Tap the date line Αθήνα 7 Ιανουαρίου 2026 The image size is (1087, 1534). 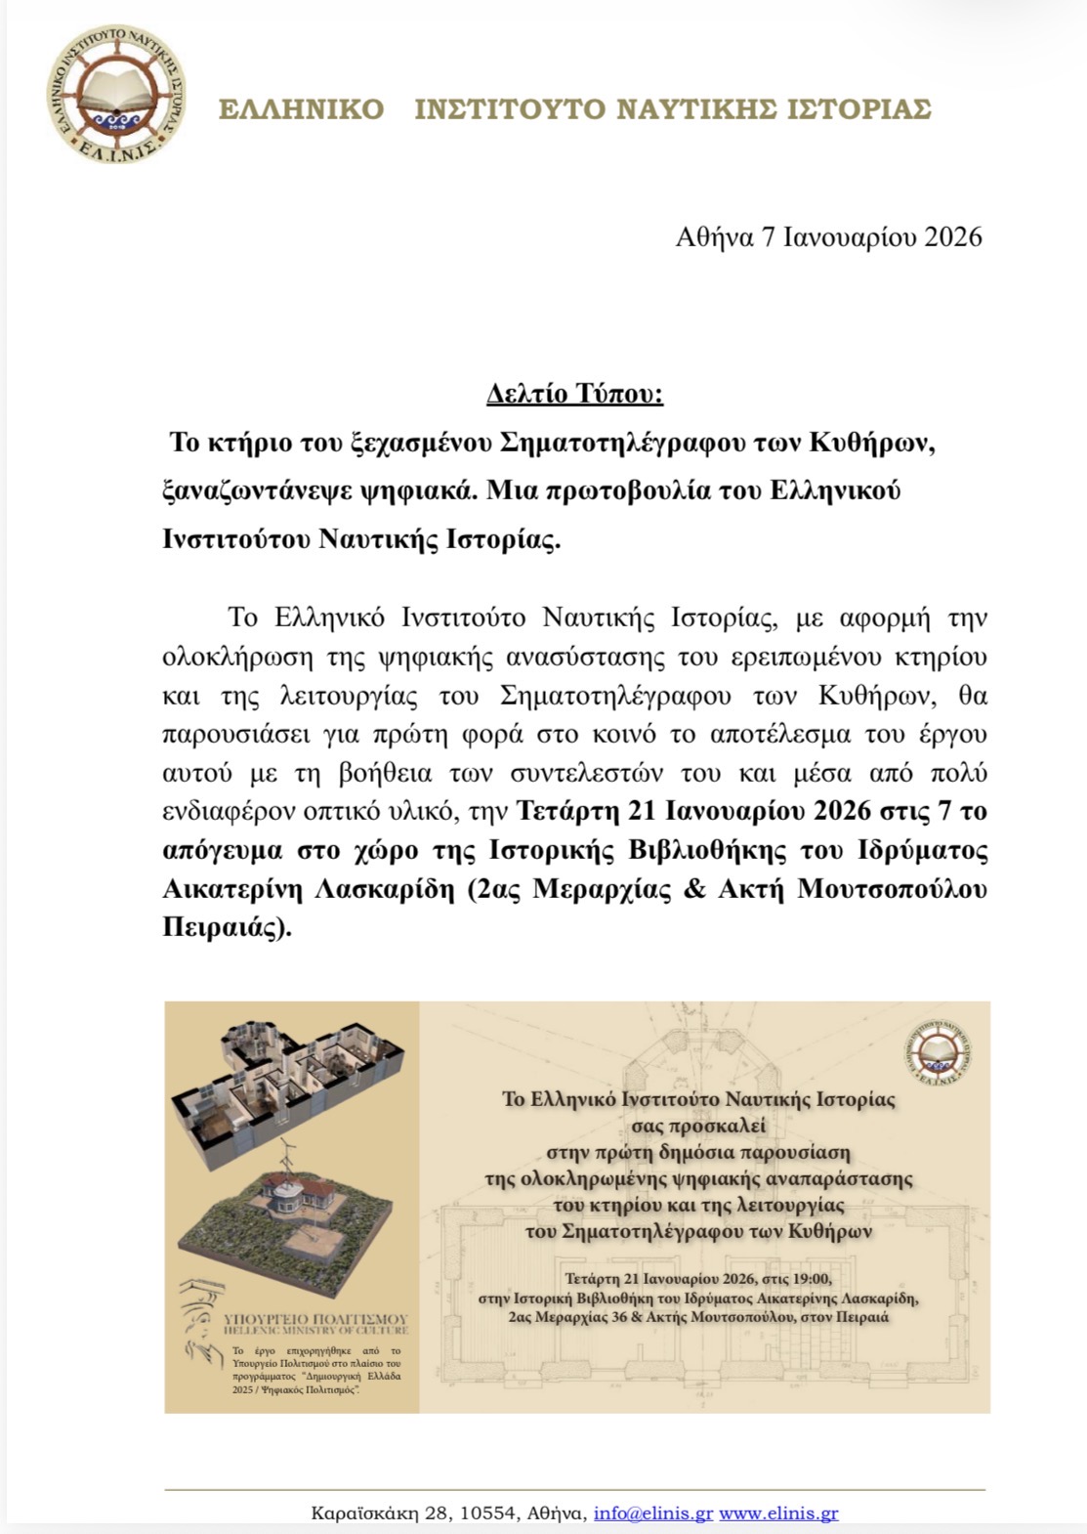828,237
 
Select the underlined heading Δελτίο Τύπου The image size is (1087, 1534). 575,395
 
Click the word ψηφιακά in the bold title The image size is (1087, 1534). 430,490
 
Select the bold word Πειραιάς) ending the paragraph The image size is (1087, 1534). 227,928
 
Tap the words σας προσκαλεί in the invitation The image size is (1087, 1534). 698,1126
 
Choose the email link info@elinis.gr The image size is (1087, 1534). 652,1513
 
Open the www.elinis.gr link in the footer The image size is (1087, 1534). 778,1513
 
